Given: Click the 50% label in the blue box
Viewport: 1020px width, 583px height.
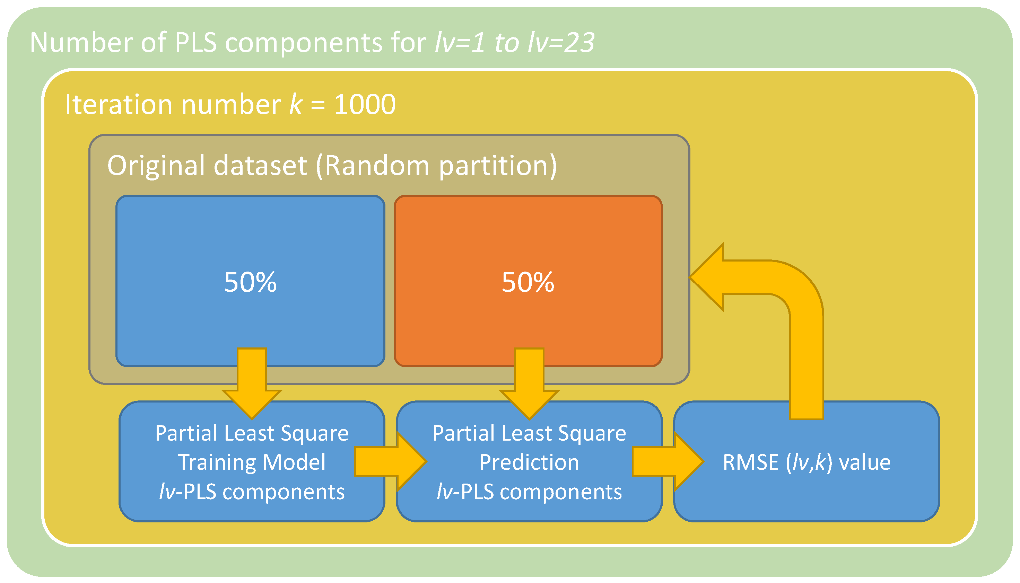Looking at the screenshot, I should pyautogui.click(x=250, y=282).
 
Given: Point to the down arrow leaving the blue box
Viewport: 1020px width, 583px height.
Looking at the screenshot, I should pyautogui.click(x=252, y=385).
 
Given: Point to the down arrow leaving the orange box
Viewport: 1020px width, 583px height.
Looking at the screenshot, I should pyautogui.click(x=529, y=385).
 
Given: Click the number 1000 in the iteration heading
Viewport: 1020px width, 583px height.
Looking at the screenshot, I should pyautogui.click(x=365, y=105).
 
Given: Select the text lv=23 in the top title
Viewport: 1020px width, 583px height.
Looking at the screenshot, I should pyautogui.click(x=561, y=43).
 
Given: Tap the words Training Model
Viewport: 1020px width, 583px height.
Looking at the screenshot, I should pyautogui.click(x=252, y=462).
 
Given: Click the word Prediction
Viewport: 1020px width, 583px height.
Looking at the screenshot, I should pyautogui.click(x=529, y=462).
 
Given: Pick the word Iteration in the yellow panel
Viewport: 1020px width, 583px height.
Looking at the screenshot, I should pyautogui.click(x=119, y=105).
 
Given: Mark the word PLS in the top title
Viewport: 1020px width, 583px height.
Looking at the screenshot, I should pyautogui.click(x=196, y=43).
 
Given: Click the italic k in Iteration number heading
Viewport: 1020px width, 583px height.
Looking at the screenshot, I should pyautogui.click(x=296, y=105).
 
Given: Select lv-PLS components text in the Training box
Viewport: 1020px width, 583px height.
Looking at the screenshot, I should pyautogui.click(x=252, y=492).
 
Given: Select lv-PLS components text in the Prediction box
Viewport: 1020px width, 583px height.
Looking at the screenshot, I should pyautogui.click(x=529, y=492).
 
